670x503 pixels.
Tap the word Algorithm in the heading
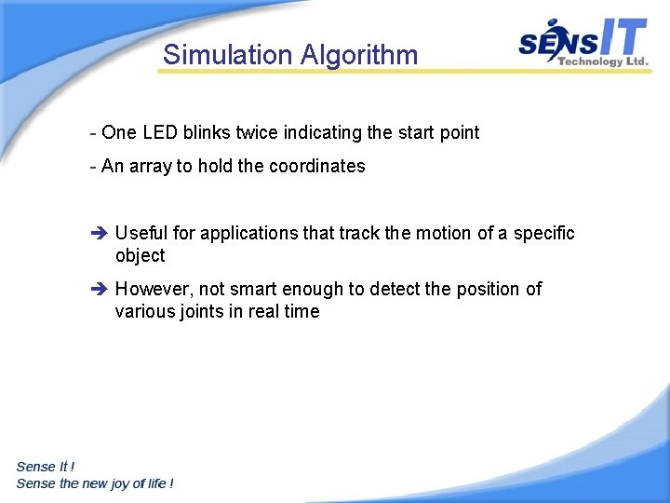359,56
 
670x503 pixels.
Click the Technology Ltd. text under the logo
602,61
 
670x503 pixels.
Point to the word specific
542,233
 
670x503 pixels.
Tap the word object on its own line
140,255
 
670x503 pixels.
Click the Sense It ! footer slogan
46,467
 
